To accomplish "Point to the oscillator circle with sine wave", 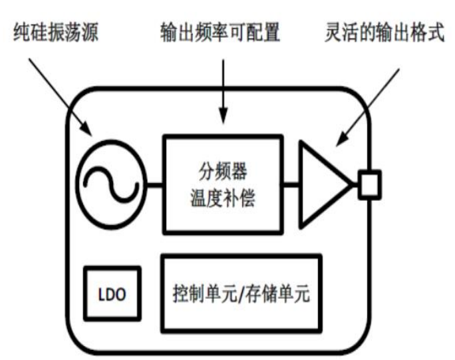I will pyautogui.click(x=110, y=182).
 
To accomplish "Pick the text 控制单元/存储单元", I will pyautogui.click(x=241, y=293).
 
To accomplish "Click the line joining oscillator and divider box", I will pyautogui.click(x=153, y=183).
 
